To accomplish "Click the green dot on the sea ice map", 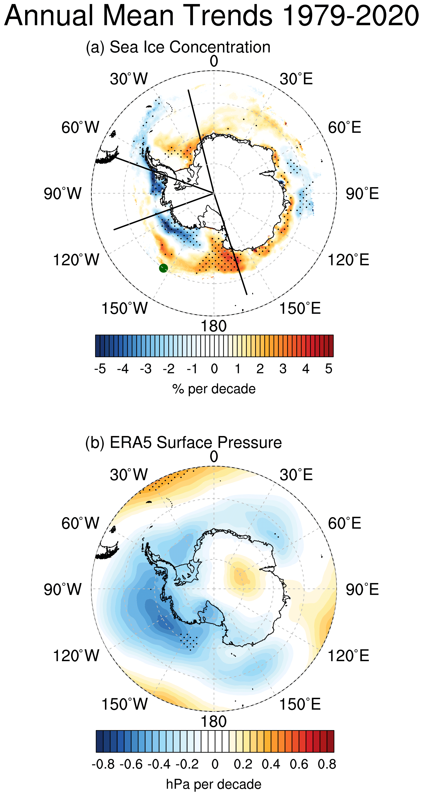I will (x=163, y=268).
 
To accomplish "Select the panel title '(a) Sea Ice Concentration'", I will (x=178, y=47).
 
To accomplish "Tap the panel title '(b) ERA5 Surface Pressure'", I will (x=183, y=443).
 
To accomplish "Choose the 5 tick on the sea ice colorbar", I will (x=329, y=369).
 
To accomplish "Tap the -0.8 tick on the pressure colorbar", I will (x=103, y=764).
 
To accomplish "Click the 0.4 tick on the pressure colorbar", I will (x=271, y=764).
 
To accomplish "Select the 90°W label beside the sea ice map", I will (x=62, y=194).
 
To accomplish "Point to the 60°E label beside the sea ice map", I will (x=344, y=127).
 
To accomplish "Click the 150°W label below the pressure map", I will (x=125, y=704).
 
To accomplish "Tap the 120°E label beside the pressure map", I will (x=348, y=656).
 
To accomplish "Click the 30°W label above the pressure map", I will (x=129, y=475).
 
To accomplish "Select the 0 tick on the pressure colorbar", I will (x=215, y=764).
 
